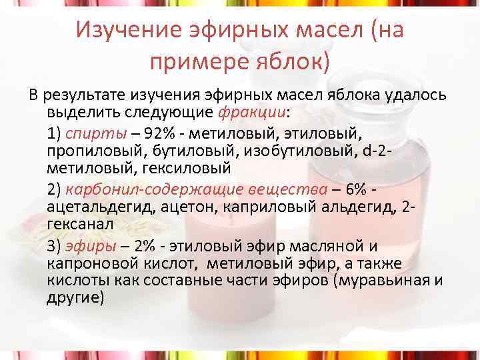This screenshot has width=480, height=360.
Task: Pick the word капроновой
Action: (x=91, y=264)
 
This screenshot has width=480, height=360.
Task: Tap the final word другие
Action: (x=75, y=298)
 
